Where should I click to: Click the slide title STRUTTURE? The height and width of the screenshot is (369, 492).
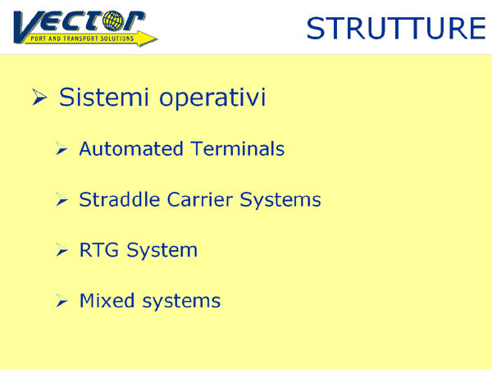point(396,28)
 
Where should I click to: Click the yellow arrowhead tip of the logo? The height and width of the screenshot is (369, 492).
point(157,39)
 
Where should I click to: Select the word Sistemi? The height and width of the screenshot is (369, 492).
point(103,97)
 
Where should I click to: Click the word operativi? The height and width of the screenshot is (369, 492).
point(212,98)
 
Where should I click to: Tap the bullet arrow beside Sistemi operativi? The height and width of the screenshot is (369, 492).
point(39,97)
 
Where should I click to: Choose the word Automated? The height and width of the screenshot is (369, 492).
point(131,148)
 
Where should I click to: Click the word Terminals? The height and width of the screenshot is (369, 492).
point(238,148)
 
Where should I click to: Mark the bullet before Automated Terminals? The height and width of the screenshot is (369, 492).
point(61,148)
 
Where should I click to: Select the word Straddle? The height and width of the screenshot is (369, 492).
point(120,199)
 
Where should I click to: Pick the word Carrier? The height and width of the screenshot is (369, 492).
point(200,199)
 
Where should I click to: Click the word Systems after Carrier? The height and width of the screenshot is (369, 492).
point(280,200)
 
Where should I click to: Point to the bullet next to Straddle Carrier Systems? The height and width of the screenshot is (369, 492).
point(61,199)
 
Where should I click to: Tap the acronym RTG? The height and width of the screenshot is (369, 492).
point(99,250)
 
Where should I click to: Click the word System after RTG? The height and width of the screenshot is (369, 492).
point(162,251)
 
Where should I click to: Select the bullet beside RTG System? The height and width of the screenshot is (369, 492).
point(61,250)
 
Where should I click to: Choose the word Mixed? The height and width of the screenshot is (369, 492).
point(107,301)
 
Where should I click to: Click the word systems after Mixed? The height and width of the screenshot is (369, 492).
point(181,302)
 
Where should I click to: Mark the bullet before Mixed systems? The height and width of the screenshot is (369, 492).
point(61,301)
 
